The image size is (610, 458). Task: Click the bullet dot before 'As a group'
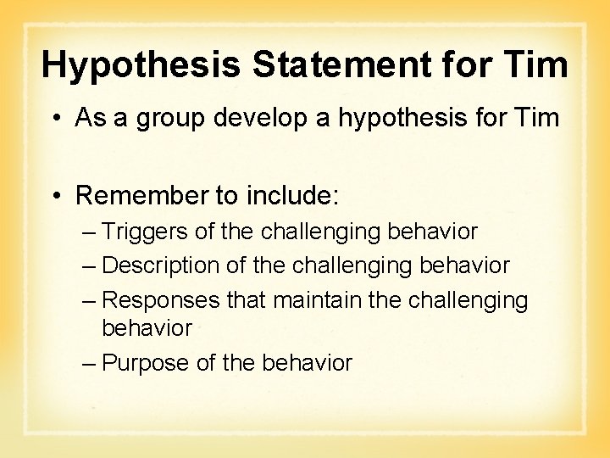pos(56,118)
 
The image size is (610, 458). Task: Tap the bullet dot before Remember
pos(56,197)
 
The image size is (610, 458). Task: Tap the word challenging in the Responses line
pos(468,301)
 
